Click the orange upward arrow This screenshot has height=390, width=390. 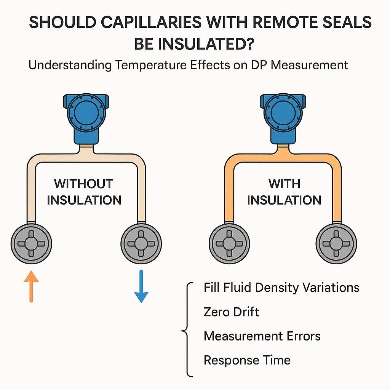pyautogui.click(x=31, y=286)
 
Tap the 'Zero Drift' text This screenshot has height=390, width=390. pyautogui.click(x=231, y=312)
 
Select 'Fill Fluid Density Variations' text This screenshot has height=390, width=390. pyautogui.click(x=281, y=287)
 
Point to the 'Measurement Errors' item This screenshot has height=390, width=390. pyautogui.click(x=262, y=336)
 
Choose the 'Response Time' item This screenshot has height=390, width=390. pyautogui.click(x=247, y=360)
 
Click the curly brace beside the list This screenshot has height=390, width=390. pyautogui.click(x=187, y=329)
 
